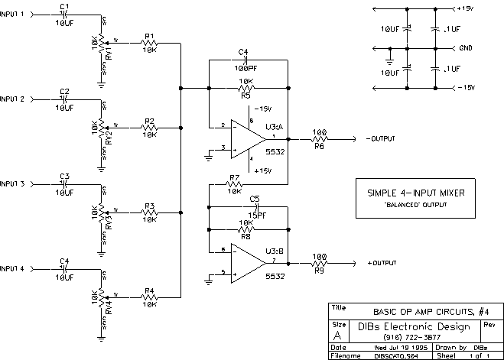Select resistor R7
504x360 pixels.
coord(234,184)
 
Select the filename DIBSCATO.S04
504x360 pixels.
coord(395,355)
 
